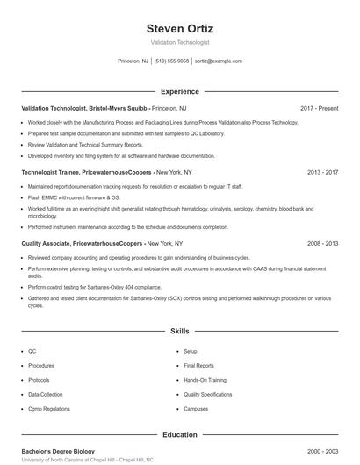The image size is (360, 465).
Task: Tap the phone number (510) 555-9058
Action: click(171, 61)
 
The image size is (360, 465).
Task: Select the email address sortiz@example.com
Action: click(218, 61)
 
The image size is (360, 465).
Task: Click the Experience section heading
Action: click(179, 91)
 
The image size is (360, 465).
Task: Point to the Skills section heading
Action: click(179, 332)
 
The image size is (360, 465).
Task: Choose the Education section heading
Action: click(179, 434)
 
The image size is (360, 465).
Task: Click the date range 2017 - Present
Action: click(319, 108)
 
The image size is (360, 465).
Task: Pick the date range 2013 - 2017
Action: click(322, 173)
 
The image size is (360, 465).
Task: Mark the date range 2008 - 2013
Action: click(322, 243)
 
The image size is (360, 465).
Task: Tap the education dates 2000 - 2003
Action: click(322, 451)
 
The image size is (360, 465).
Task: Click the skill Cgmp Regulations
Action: click(50, 409)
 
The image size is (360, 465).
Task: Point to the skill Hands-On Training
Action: click(205, 380)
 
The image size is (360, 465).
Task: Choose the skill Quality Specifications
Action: click(208, 395)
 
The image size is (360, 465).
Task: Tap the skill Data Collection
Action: click(46, 395)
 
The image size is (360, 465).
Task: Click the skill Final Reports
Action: click(198, 365)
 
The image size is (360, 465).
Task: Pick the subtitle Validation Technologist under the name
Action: click(179, 42)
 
